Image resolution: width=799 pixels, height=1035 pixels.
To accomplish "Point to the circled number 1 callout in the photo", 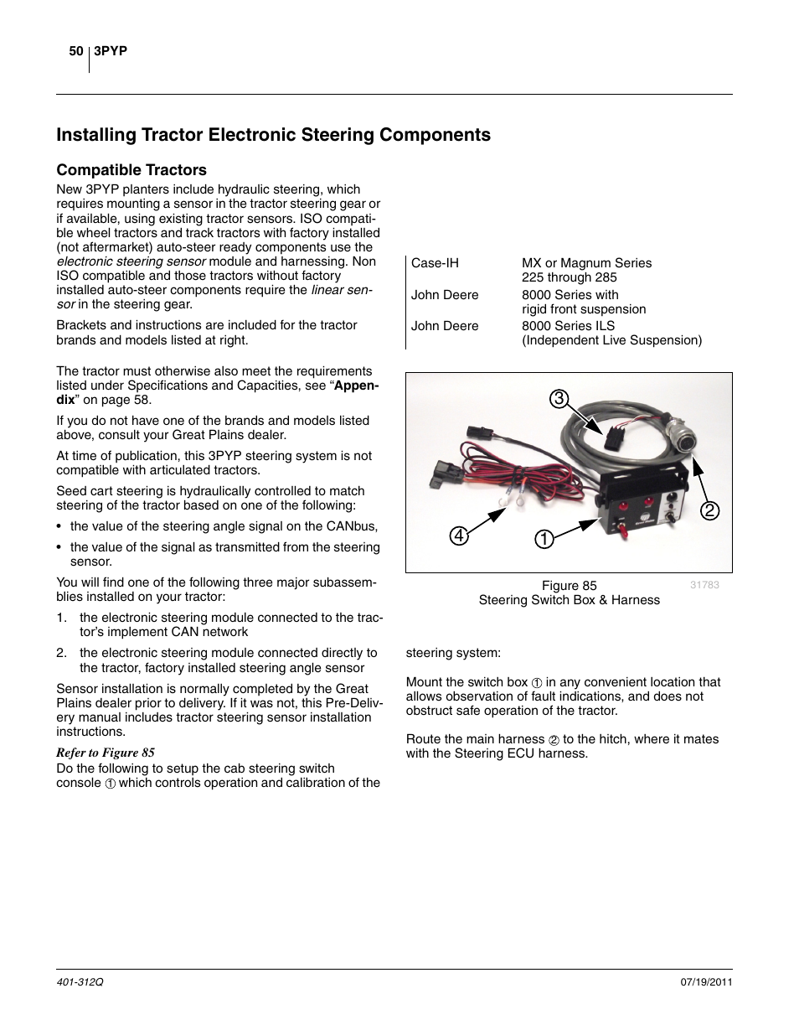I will click(545, 540).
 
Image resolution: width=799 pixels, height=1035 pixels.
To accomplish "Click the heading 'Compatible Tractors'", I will click(131, 170).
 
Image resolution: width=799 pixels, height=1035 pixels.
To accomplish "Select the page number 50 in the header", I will click(75, 52).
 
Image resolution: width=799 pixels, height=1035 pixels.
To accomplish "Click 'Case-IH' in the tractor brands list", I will click(435, 263).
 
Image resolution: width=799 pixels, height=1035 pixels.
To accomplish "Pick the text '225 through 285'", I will click(569, 277).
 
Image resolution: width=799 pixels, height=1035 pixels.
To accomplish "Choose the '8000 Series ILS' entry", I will click(568, 326).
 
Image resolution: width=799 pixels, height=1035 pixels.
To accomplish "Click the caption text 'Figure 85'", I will click(569, 586).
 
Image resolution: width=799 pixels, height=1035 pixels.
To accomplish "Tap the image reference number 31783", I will click(704, 585).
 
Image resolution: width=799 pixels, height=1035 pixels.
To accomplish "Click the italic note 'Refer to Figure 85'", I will click(106, 753).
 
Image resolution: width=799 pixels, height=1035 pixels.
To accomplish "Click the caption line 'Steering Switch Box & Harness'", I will click(569, 600).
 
